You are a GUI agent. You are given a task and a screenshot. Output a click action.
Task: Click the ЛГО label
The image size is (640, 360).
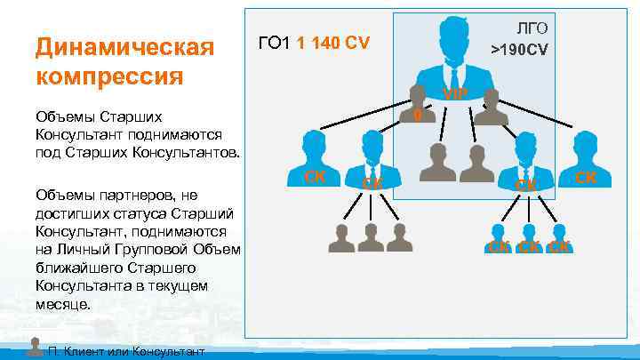point(531,28)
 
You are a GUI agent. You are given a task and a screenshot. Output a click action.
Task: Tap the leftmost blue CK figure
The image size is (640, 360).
point(314,151)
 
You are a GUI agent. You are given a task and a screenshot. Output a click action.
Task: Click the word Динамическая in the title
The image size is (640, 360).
point(124,45)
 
